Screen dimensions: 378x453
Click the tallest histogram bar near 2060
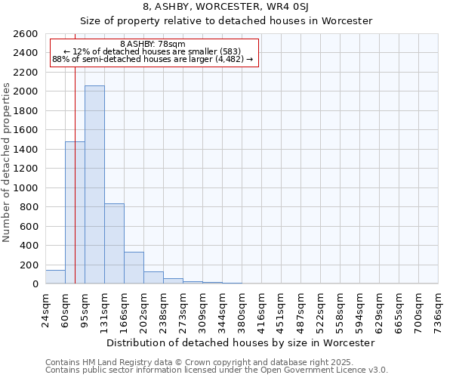click(x=94, y=184)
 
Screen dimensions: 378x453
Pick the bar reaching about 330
click(x=134, y=268)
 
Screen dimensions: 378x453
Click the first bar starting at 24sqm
click(x=55, y=277)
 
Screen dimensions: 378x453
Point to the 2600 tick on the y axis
click(x=26, y=34)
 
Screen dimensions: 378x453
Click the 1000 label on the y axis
click(x=26, y=187)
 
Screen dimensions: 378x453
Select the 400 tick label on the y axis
click(x=29, y=246)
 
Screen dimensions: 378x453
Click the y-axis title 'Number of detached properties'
click(x=7, y=159)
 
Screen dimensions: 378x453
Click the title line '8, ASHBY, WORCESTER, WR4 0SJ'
click(x=226, y=7)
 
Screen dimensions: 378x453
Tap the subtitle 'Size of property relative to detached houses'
click(x=226, y=20)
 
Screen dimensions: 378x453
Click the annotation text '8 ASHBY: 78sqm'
click(x=153, y=45)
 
